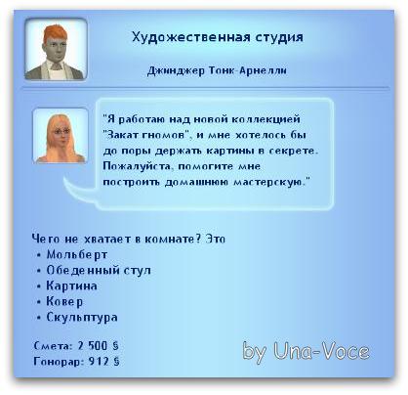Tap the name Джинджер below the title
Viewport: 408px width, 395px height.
click(x=176, y=70)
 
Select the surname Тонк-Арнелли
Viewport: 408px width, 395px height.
click(x=248, y=70)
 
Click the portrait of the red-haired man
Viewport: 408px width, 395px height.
click(x=56, y=49)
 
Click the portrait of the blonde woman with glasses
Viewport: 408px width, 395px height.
click(x=61, y=135)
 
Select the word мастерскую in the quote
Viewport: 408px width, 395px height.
click(x=270, y=182)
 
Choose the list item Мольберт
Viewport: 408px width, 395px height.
click(x=77, y=254)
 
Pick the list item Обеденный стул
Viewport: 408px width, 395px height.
click(x=99, y=271)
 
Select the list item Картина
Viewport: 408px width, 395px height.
click(x=71, y=285)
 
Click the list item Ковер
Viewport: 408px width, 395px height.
click(x=64, y=301)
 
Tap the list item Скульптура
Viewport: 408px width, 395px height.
click(x=82, y=317)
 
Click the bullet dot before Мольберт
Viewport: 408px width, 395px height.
click(x=39, y=255)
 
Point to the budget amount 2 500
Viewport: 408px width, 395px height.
click(x=93, y=346)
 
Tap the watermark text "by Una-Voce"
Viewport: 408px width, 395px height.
click(x=306, y=352)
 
